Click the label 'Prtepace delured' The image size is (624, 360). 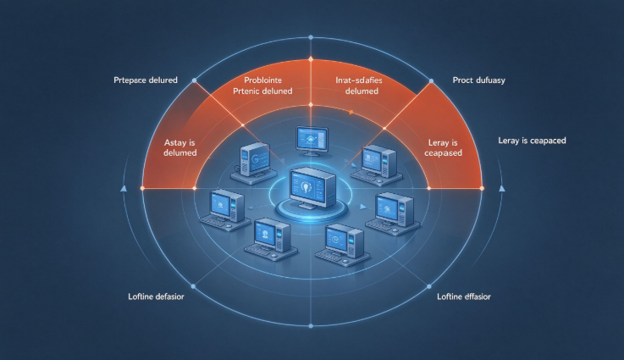pos(146,80)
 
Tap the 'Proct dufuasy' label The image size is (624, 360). pos(478,80)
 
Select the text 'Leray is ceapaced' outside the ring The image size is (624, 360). pos(532,141)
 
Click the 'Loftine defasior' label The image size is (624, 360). pos(156,296)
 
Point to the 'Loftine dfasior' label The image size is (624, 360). pos(464,296)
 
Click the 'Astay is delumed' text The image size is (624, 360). pos(179,147)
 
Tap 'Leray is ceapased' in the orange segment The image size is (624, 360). pos(443,147)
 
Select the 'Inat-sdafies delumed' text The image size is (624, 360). pos(359,86)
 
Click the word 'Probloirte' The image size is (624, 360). pos(263,80)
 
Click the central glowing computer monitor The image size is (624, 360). pos(312,188)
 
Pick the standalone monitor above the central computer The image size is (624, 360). pos(312,141)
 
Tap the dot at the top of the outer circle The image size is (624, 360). pos(311,37)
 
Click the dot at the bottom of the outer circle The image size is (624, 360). pos(311,326)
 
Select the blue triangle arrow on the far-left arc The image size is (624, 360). pos(124,188)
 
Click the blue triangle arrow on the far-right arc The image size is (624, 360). pos(502,188)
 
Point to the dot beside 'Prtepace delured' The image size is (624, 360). pos(194,80)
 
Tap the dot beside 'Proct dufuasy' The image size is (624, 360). pos(432,80)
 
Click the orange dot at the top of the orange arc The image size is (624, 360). pos(311,59)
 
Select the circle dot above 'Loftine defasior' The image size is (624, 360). pos(193,286)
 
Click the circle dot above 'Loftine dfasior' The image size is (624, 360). pos(429,286)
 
